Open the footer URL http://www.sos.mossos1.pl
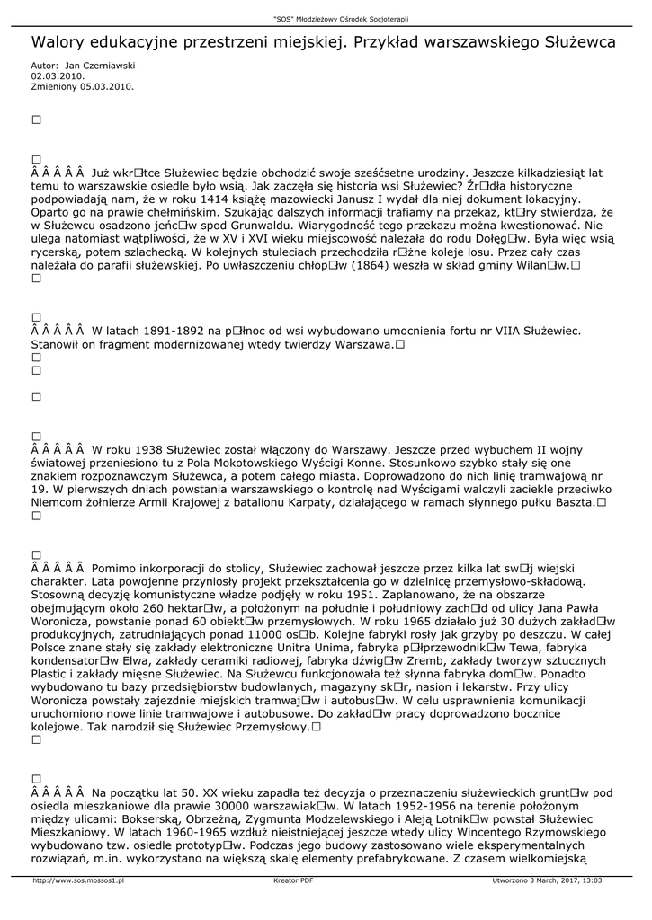pos(78,881)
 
